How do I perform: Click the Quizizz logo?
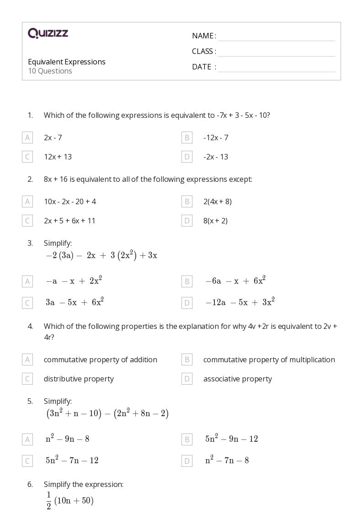pyautogui.click(x=48, y=33)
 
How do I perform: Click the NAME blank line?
pyautogui.click(x=276, y=37)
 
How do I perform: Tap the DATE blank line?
pyautogui.click(x=276, y=68)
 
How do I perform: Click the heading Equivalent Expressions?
pyautogui.click(x=67, y=62)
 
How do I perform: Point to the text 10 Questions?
pyautogui.click(x=50, y=71)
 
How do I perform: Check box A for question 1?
pyautogui.click(x=27, y=138)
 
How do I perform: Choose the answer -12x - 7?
pyautogui.click(x=216, y=138)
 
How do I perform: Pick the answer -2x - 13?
pyautogui.click(x=216, y=157)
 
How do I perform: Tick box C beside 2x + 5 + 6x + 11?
pyautogui.click(x=27, y=221)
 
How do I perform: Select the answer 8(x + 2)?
pyautogui.click(x=215, y=221)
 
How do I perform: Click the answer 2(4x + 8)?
pyautogui.click(x=218, y=201)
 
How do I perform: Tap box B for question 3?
pyautogui.click(x=187, y=281)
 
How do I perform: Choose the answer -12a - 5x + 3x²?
pyautogui.click(x=240, y=302)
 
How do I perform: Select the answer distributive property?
pyautogui.click(x=79, y=379)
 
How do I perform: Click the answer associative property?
pyautogui.click(x=237, y=379)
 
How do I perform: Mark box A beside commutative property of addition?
pyautogui.click(x=27, y=360)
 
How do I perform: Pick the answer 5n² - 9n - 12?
pyautogui.click(x=231, y=439)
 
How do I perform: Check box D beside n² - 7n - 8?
pyautogui.click(x=187, y=461)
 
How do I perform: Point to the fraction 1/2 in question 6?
pyautogui.click(x=48, y=501)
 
